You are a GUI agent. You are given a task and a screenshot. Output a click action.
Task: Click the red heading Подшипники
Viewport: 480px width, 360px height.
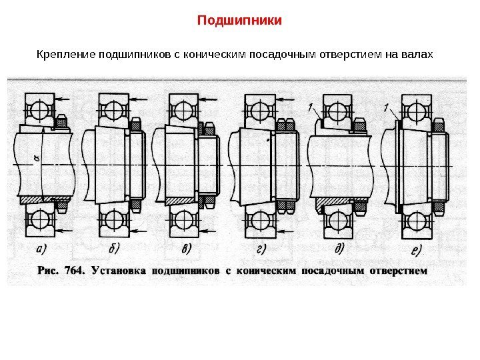(x=240, y=21)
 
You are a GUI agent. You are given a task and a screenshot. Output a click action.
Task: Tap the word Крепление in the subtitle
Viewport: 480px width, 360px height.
(x=66, y=53)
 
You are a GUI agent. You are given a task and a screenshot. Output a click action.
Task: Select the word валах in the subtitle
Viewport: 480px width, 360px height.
(x=418, y=53)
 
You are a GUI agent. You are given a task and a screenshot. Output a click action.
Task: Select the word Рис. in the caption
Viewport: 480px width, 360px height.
(x=47, y=271)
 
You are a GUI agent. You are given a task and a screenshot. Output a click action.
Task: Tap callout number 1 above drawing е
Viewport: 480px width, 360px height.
(x=387, y=107)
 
